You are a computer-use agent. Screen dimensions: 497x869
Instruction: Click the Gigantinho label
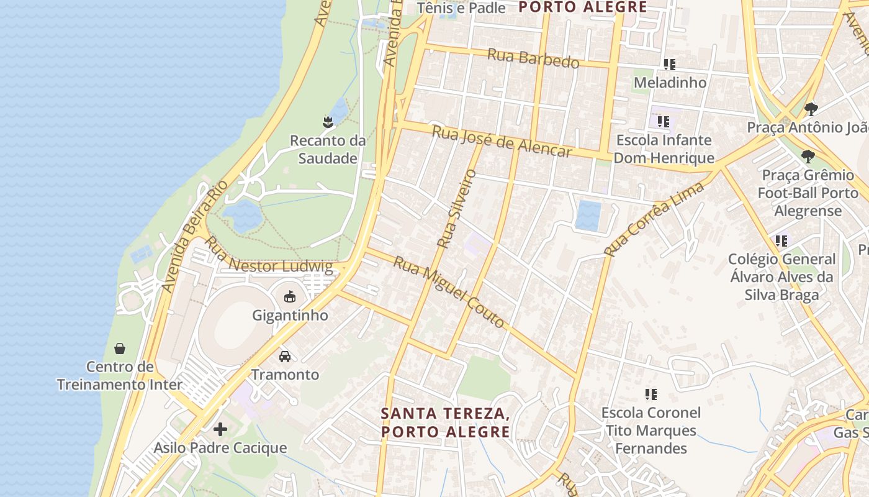290,315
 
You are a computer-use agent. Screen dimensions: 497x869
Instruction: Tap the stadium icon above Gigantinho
290,297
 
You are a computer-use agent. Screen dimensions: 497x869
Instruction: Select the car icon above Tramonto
285,357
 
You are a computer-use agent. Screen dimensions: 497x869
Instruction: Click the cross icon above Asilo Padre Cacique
220,429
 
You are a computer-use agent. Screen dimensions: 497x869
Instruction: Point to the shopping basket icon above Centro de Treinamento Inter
120,349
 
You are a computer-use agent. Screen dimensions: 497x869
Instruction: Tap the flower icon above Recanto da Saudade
328,122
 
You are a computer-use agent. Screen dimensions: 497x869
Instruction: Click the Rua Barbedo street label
533,58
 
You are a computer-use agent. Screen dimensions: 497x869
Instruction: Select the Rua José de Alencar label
502,142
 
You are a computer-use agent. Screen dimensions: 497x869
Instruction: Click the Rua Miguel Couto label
449,291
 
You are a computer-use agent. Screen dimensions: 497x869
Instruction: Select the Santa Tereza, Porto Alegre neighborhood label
445,422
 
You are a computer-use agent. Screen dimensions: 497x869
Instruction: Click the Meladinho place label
670,83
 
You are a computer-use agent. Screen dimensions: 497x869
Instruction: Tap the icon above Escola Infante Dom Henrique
664,122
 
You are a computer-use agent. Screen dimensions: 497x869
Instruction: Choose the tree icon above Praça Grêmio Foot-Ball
808,156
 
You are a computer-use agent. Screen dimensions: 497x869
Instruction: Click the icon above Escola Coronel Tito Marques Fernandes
651,394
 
